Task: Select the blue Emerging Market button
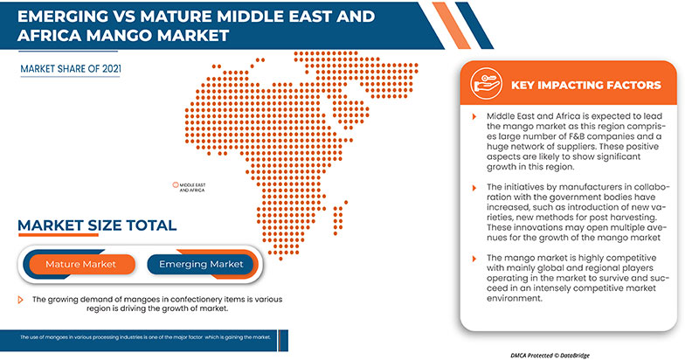point(201,263)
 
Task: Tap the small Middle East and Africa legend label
point(193,186)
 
